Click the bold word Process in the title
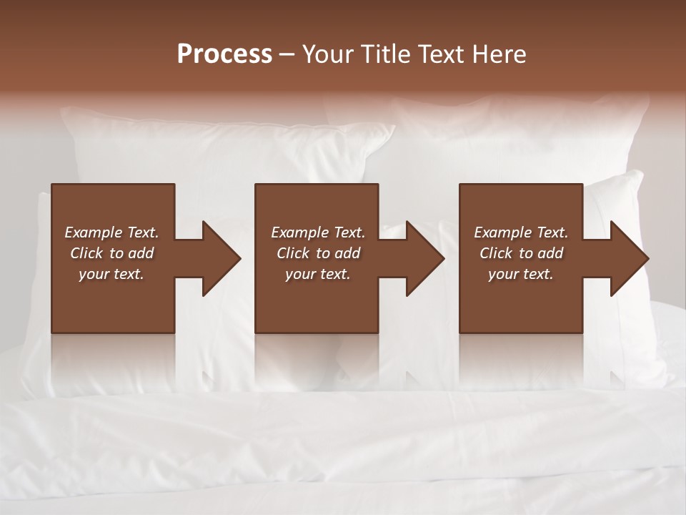224,54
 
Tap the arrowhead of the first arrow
222,258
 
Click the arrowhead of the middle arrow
425,258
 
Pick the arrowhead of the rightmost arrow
629,258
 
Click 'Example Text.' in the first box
111,232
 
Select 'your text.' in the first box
111,274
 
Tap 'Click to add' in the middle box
318,253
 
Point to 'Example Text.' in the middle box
318,232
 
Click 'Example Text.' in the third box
521,232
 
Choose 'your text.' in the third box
521,274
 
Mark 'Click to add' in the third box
521,253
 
